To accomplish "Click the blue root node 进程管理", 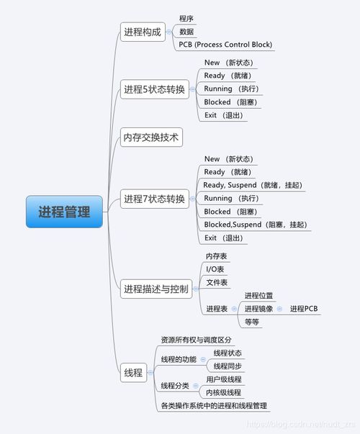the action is [64, 212].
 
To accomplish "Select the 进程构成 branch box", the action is [143, 32].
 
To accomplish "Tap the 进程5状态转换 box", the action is [155, 89].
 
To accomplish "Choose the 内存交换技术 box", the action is [151, 137].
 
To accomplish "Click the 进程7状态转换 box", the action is [155, 199].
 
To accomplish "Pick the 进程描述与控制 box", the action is [156, 289].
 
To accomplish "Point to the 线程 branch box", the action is [133, 373].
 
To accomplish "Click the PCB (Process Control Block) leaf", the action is [225, 45].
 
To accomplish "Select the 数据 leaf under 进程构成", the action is [186, 32].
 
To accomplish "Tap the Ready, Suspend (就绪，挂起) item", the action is [253, 185].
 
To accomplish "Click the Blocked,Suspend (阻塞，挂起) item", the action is [256, 225].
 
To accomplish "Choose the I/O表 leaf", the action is [215, 269].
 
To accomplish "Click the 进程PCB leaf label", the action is [304, 309].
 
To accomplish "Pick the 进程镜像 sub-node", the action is [258, 309].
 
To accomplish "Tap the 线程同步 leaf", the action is [228, 366].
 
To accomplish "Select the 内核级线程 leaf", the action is [223, 392].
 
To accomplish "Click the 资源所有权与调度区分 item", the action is [196, 340].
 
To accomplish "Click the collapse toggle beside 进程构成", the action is [168, 32].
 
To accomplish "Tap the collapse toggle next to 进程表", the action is [234, 309].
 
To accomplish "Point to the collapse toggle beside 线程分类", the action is [196, 386].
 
